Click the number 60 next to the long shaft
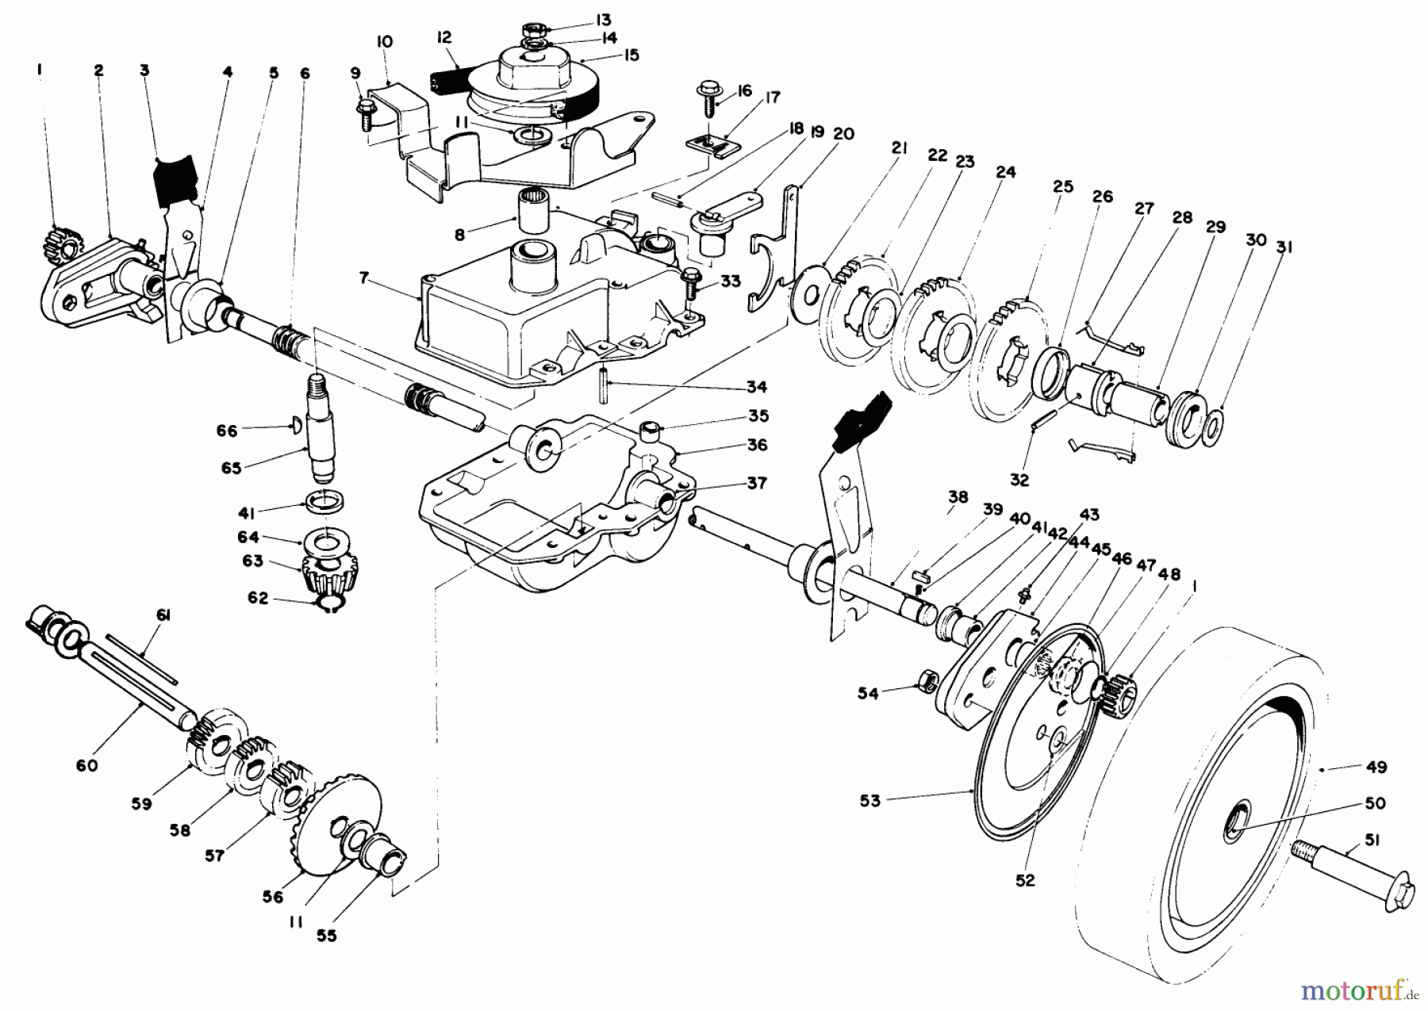coord(87,765)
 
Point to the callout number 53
coord(870,800)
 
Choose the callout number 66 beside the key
coord(227,431)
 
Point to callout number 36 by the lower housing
coord(757,445)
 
